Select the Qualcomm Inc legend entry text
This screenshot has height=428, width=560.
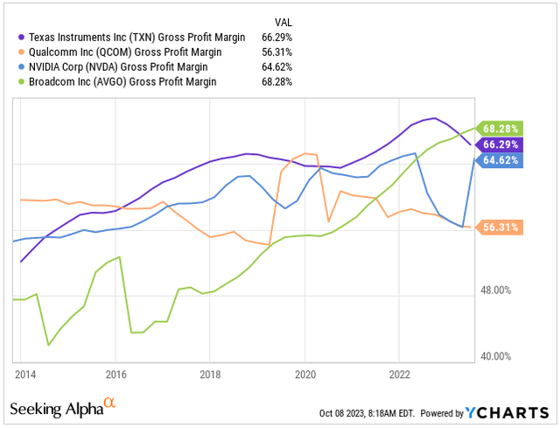point(117,52)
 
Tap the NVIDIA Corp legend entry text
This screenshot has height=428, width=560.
point(116,67)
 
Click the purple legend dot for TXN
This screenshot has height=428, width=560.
point(21,37)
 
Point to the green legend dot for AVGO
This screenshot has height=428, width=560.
point(21,81)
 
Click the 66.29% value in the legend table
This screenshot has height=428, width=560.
point(276,37)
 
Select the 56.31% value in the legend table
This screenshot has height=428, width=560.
point(276,52)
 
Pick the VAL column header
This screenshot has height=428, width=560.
point(282,22)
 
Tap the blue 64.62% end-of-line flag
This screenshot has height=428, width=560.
point(500,160)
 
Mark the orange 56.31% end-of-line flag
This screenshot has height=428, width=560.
point(500,228)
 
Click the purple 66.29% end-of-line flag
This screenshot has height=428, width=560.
point(500,144)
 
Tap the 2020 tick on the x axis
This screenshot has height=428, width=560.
point(304,373)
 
